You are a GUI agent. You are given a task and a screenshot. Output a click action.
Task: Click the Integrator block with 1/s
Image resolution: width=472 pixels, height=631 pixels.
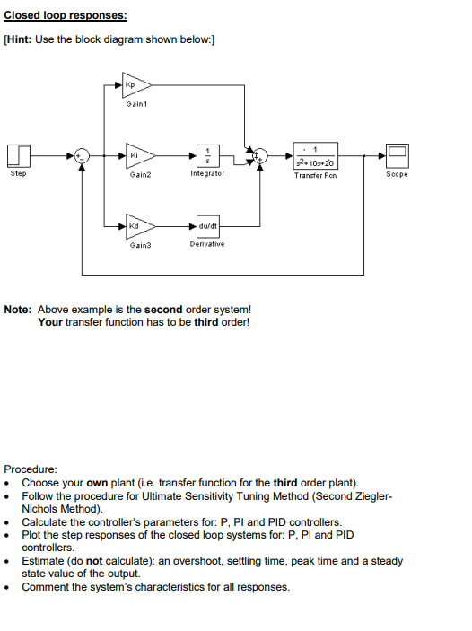(x=208, y=153)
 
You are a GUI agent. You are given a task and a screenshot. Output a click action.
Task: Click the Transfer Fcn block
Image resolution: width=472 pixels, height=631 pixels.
(x=315, y=153)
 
